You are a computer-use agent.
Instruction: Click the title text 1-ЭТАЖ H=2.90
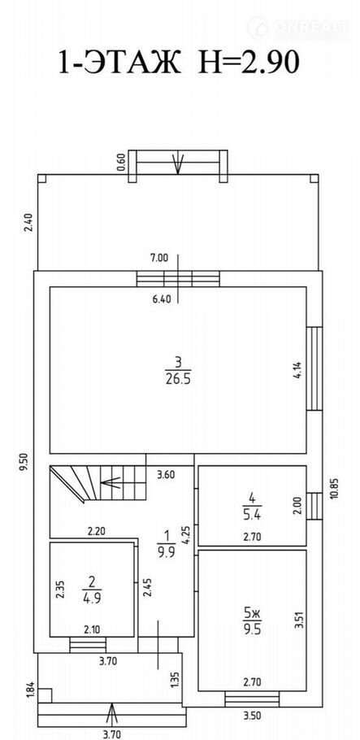(x=180, y=62)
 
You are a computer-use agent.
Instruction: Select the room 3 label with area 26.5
(x=178, y=371)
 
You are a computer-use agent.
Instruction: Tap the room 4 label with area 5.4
(x=253, y=506)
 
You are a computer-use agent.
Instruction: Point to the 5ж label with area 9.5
(x=252, y=622)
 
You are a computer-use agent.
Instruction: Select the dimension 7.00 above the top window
(x=158, y=258)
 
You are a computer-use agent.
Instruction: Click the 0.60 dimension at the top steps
(x=121, y=161)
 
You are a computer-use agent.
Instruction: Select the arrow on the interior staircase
(x=111, y=483)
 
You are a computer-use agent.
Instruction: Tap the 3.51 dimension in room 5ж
(x=297, y=620)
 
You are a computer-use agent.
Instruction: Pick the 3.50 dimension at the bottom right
(x=252, y=716)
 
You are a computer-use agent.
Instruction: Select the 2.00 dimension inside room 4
(x=297, y=507)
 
